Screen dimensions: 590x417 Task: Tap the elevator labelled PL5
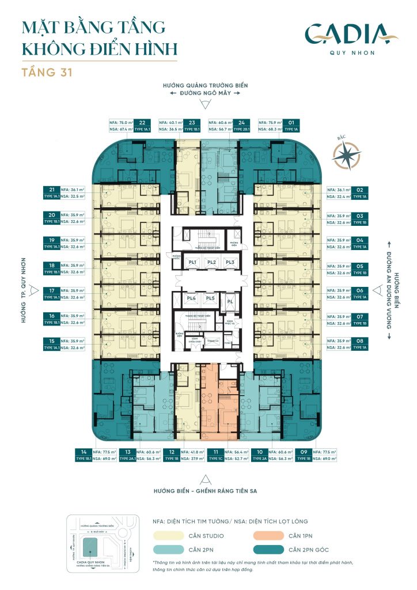click(210, 298)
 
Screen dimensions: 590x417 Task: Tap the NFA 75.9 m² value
click(270, 122)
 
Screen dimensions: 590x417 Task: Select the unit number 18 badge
click(52, 266)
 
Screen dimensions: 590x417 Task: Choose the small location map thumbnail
click(103, 539)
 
